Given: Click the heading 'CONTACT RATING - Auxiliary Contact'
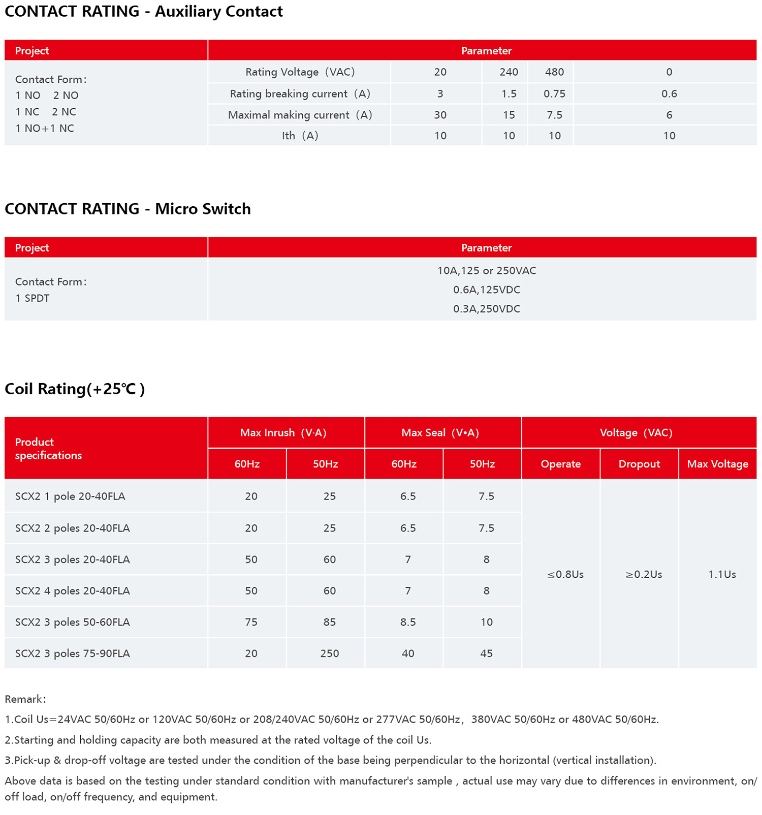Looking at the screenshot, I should click(144, 12).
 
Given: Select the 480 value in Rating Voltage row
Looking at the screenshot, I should click(554, 72).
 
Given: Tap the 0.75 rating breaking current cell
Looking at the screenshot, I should click(554, 94).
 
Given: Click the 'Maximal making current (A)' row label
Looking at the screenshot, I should click(300, 115).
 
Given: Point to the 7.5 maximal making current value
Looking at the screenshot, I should click(554, 115).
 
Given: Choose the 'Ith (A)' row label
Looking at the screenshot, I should click(300, 136).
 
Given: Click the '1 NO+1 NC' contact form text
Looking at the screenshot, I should click(45, 129).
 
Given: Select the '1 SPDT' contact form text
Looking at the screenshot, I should click(33, 298).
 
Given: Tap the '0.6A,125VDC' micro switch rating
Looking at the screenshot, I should click(486, 290).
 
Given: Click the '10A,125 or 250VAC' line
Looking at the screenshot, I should click(486, 271).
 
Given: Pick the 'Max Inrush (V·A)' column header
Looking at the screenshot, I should click(283, 433).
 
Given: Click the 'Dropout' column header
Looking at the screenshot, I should click(639, 464).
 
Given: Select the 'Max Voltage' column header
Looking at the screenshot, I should click(717, 464).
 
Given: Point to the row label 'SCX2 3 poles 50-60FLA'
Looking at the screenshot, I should click(73, 622).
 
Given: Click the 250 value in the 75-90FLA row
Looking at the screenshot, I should click(329, 653).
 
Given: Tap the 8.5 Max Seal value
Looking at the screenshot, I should click(408, 622).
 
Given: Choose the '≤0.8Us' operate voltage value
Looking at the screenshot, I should click(565, 575).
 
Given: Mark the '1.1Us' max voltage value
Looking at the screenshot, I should click(722, 575).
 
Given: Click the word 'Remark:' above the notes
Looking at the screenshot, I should click(25, 699).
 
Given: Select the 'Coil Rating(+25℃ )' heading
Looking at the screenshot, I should click(75, 389).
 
